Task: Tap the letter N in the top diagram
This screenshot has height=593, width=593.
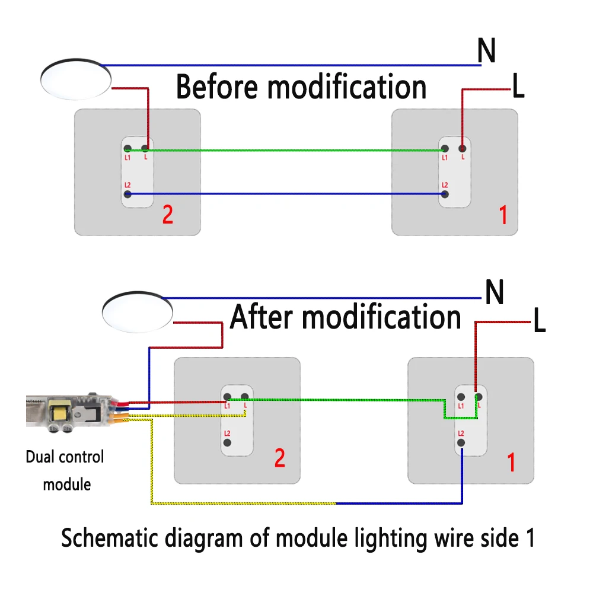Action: (x=486, y=52)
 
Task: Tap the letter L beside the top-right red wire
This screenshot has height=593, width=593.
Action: (x=518, y=88)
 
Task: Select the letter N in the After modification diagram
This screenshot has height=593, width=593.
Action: (x=494, y=292)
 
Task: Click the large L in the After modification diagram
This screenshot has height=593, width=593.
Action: (x=538, y=322)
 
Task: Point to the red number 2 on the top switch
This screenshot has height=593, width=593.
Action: (x=168, y=215)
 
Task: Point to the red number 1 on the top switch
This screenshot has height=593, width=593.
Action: (x=503, y=215)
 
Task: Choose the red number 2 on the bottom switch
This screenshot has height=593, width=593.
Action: (x=279, y=458)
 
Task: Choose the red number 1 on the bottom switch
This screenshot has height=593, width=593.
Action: (x=512, y=461)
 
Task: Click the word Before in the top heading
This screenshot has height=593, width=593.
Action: (x=217, y=87)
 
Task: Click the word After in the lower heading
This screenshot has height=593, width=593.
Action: (x=263, y=317)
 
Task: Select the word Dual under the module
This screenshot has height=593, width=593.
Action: (x=40, y=457)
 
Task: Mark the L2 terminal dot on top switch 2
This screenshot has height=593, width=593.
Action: (x=127, y=194)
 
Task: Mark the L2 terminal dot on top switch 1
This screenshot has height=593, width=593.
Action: (x=445, y=194)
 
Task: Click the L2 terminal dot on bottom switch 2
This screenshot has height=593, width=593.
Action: (x=227, y=442)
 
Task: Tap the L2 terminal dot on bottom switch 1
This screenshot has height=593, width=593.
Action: (x=461, y=442)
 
